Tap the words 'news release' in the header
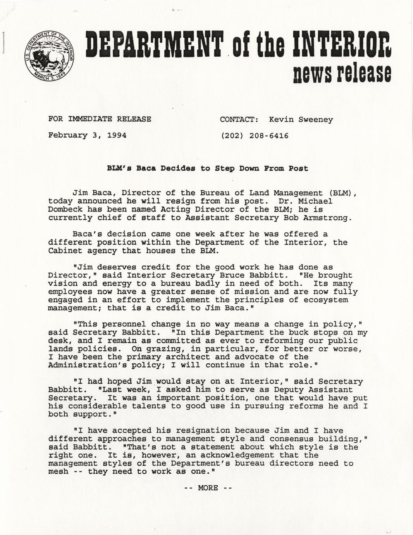pyautogui.click(x=342, y=73)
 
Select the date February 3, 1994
pyautogui.click(x=87, y=135)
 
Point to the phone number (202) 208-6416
pyautogui.click(x=254, y=136)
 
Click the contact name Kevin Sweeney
pyautogui.click(x=301, y=119)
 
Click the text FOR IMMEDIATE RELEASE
pyautogui.click(x=100, y=119)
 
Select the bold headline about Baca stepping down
pyautogui.click(x=207, y=168)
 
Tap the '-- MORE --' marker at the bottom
pyautogui.click(x=208, y=488)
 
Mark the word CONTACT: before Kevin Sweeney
pyautogui.click(x=239, y=119)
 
